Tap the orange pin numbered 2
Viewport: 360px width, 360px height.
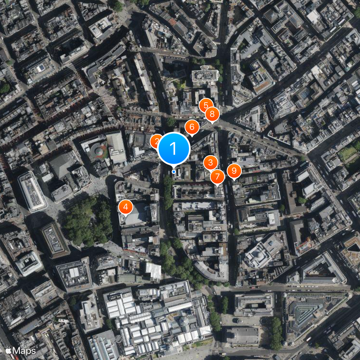tap(155, 141)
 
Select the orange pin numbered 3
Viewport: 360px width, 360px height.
tap(211, 162)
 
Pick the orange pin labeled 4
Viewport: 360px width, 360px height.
tap(126, 207)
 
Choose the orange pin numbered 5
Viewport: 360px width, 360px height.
tap(206, 106)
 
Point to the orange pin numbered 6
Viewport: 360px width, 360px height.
tap(192, 127)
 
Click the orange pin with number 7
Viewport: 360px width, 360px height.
tap(217, 176)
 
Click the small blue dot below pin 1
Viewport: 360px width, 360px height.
tap(174, 171)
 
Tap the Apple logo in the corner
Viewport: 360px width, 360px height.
tap(8, 350)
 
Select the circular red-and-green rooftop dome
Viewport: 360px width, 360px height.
tap(99, 151)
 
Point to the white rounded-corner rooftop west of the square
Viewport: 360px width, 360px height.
tap(32, 191)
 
